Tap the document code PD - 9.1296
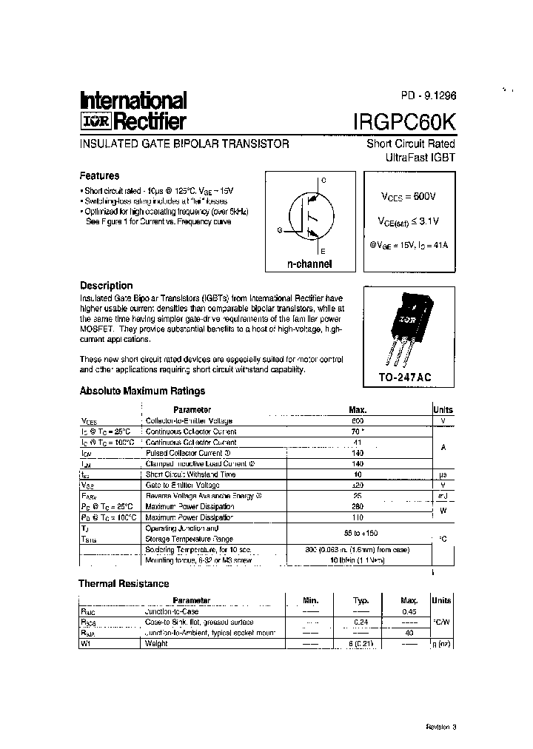(429, 96)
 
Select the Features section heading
(99, 176)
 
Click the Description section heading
(106, 286)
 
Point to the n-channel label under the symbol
(309, 264)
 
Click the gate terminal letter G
(280, 231)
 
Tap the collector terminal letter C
(323, 181)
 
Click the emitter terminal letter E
(323, 252)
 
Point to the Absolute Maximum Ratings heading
(142, 392)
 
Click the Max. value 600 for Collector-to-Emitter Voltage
(358, 420)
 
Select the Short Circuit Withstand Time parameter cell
(180, 474)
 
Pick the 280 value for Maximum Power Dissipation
(358, 506)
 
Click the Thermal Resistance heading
(124, 584)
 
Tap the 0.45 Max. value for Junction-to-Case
(409, 611)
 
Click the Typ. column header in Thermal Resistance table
(361, 600)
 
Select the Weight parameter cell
(157, 643)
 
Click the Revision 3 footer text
(441, 727)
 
